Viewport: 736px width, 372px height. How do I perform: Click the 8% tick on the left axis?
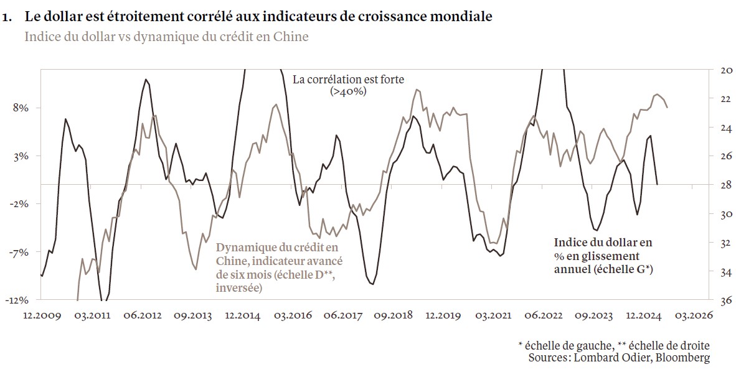(x=20, y=108)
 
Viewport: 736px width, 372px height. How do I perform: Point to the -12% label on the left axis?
(x=18, y=300)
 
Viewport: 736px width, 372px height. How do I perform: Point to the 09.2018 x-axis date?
(x=394, y=315)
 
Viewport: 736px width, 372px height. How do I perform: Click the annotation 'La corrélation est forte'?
(x=348, y=80)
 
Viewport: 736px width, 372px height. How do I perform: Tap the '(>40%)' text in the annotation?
(x=348, y=91)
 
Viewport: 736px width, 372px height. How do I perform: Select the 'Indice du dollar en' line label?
(x=603, y=243)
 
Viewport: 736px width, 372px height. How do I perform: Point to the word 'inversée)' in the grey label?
(x=239, y=287)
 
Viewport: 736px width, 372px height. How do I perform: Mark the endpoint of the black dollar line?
(x=658, y=184)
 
